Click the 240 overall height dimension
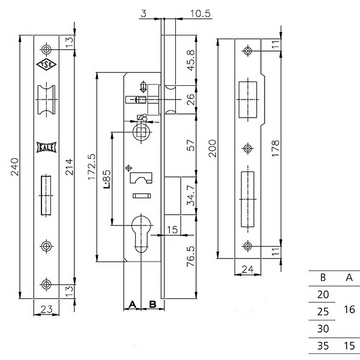pyautogui.click(x=15, y=167)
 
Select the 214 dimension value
pyautogui.click(x=69, y=167)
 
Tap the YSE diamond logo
pyautogui.click(x=46, y=65)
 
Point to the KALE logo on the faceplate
pyautogui.click(x=46, y=147)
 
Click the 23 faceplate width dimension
pyautogui.click(x=47, y=309)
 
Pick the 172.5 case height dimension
pyautogui.click(x=92, y=167)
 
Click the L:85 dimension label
pyautogui.click(x=107, y=179)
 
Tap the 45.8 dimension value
pyautogui.click(x=191, y=60)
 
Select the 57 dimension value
pyautogui.click(x=191, y=145)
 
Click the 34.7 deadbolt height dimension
pyautogui.click(x=191, y=196)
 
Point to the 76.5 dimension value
pyautogui.click(x=191, y=256)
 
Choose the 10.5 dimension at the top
pyautogui.click(x=200, y=14)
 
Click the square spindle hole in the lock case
pyautogui.click(x=142, y=132)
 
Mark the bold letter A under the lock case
pyautogui.click(x=133, y=304)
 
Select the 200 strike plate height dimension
pyautogui.click(x=212, y=148)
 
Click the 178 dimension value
pyautogui.click(x=275, y=149)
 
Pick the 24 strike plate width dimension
pyautogui.click(x=247, y=269)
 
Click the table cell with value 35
pyautogui.click(x=323, y=346)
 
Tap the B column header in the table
pyautogui.click(x=323, y=278)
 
